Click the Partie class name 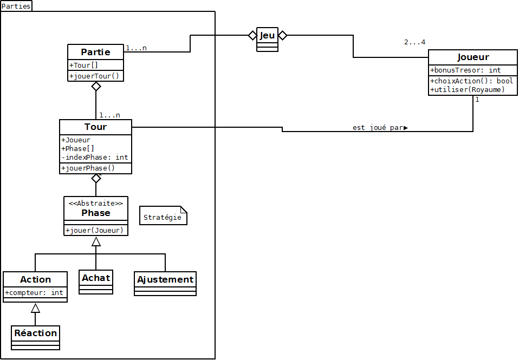[95, 52]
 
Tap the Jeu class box [267, 39]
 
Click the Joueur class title [473, 57]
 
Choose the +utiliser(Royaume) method [468, 89]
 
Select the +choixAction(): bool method [471, 81]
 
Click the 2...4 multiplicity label [414, 42]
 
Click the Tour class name [95, 127]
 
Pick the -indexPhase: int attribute [95, 158]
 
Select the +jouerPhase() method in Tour [88, 168]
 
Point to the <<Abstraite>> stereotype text [95, 203]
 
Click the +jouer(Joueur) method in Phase [94, 231]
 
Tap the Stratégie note [163, 218]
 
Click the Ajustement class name [165, 279]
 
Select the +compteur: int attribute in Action [35, 293]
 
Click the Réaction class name [36, 333]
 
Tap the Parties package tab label [16, 6]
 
